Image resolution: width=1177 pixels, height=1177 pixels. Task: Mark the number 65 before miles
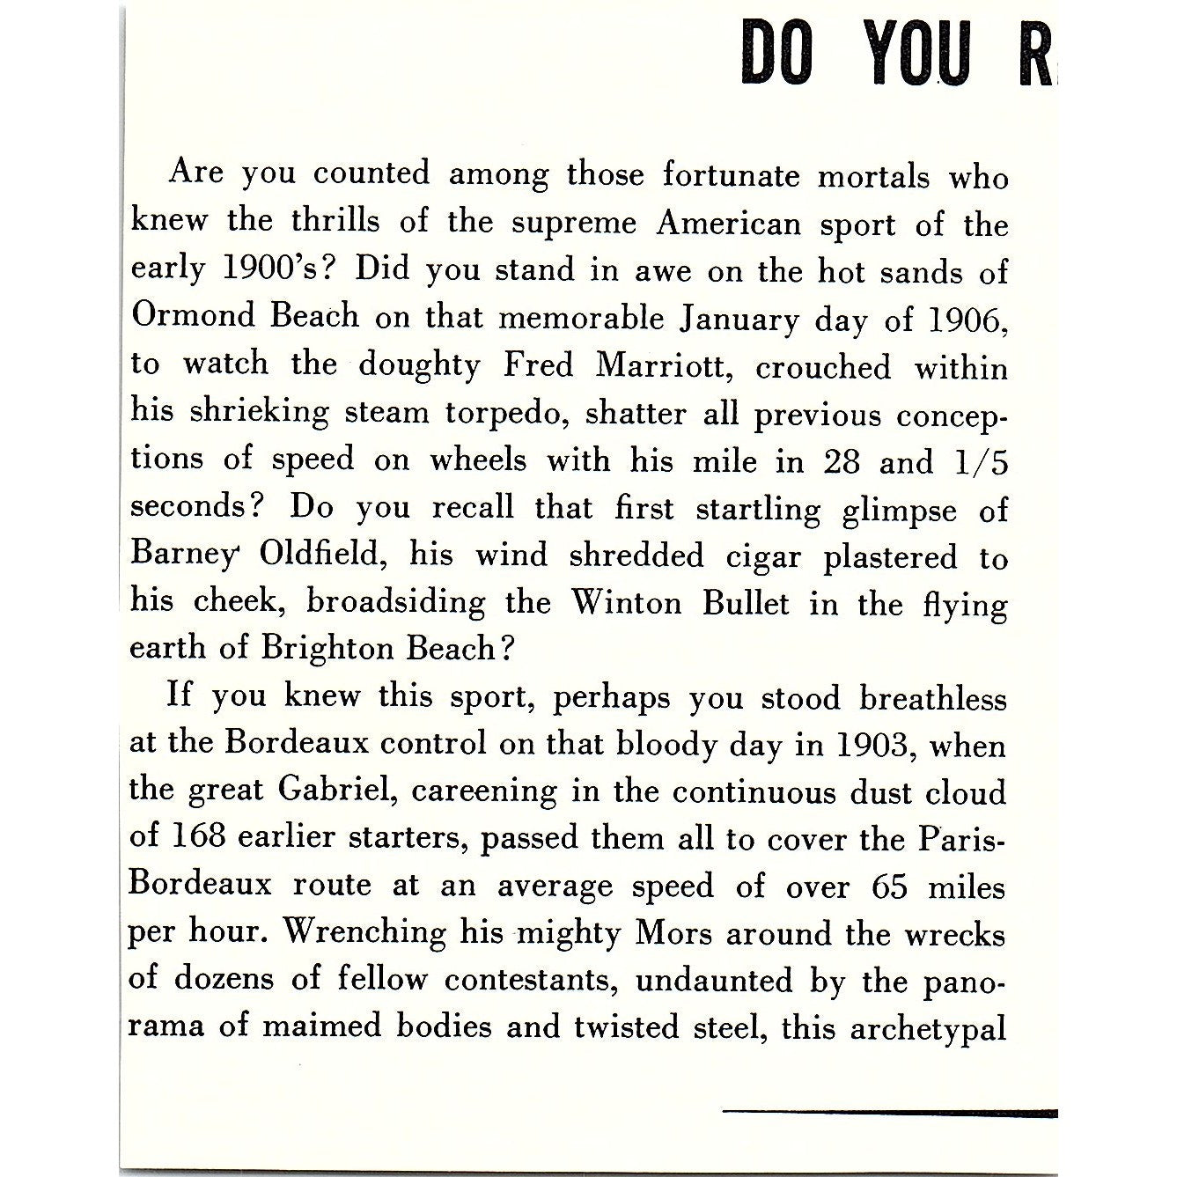coord(889,885)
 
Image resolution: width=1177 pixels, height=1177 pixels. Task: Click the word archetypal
coord(927,1028)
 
